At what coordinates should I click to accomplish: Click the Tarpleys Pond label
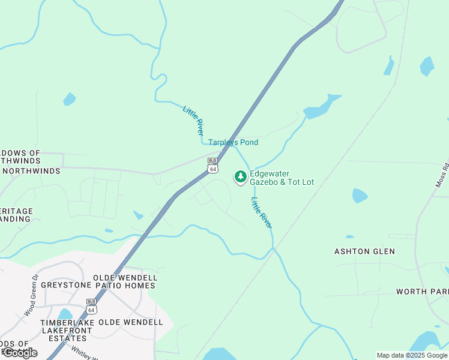(x=233, y=142)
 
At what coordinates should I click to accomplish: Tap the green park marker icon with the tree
(x=240, y=176)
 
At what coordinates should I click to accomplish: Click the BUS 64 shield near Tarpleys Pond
(x=212, y=166)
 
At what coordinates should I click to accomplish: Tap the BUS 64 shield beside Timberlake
(x=91, y=306)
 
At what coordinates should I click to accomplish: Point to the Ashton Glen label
(x=364, y=251)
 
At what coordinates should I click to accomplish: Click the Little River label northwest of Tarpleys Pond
(x=193, y=119)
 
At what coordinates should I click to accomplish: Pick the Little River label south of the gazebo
(x=262, y=212)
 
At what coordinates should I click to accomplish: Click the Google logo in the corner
(x=20, y=353)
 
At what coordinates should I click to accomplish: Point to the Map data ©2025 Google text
(x=412, y=355)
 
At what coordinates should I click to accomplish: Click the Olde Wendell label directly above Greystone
(x=125, y=278)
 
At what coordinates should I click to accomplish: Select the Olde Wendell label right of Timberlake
(x=130, y=322)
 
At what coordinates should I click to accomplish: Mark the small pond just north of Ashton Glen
(x=359, y=196)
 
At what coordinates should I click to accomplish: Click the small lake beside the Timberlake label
(x=64, y=314)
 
